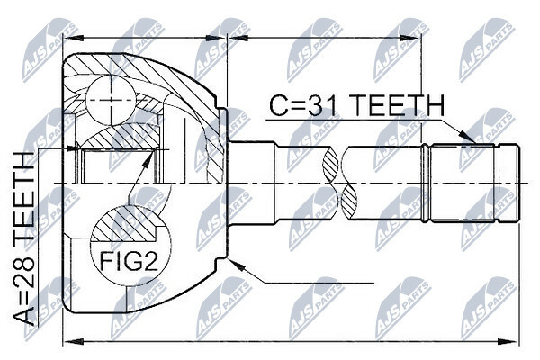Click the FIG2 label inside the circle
click(129, 262)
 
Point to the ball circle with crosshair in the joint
click(112, 100)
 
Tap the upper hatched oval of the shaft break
click(330, 165)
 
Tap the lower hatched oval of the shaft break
click(349, 202)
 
